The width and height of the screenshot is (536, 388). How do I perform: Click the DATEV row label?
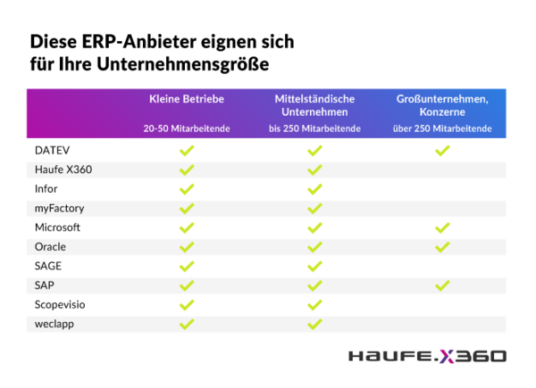click(52, 150)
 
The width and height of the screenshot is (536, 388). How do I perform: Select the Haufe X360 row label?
click(63, 169)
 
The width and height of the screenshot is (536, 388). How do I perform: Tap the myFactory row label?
click(60, 208)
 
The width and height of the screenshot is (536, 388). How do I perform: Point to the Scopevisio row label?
click(60, 304)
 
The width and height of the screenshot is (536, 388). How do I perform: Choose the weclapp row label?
click(54, 324)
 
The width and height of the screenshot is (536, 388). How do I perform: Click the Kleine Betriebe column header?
click(187, 99)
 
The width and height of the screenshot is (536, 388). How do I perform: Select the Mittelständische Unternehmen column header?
click(314, 105)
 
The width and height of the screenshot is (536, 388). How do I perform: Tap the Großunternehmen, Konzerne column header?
click(442, 105)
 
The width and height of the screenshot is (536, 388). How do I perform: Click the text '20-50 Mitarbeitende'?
click(187, 128)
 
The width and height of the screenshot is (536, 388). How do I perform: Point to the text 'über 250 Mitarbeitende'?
click(442, 128)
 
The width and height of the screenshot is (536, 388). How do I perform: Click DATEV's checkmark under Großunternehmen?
click(442, 150)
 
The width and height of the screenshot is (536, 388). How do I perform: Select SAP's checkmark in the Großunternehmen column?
click(442, 285)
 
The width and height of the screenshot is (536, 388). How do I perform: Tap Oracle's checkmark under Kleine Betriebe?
click(187, 247)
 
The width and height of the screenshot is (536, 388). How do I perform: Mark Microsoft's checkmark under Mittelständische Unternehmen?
click(314, 227)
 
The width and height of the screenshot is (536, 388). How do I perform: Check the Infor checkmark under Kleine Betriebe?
click(187, 189)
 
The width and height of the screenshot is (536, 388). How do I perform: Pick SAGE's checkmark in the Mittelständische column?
click(314, 266)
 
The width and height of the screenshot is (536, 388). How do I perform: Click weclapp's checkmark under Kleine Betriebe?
click(187, 324)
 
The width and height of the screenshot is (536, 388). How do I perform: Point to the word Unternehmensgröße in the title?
click(183, 64)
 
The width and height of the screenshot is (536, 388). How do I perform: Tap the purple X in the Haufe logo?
click(448, 356)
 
